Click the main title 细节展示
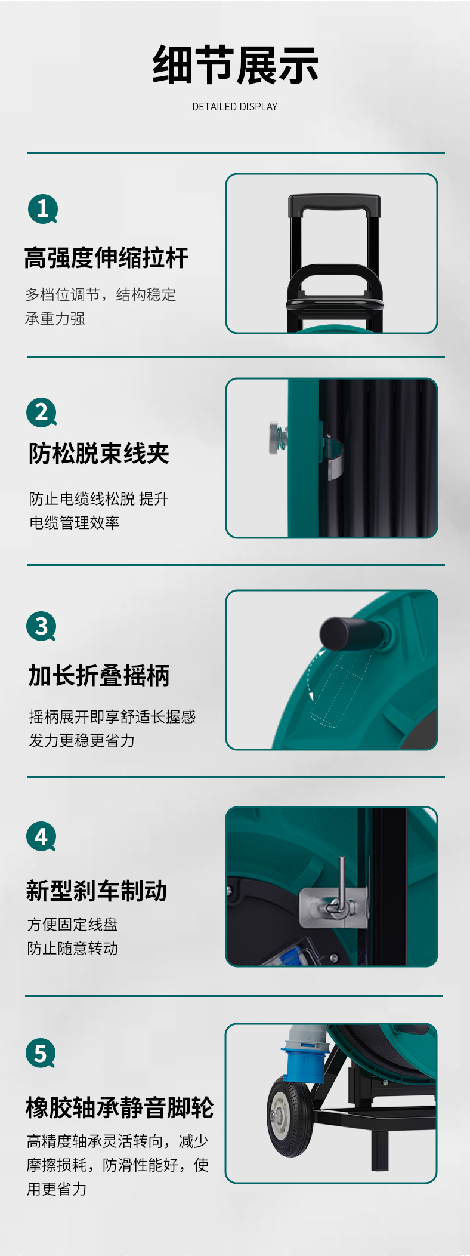tap(235, 65)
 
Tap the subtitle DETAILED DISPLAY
tap(235, 107)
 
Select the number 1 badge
tap(43, 209)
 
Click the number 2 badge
tap(42, 412)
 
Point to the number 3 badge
tap(41, 626)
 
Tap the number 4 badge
tap(41, 837)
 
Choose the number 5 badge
tap(41, 1054)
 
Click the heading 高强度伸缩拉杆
tap(106, 258)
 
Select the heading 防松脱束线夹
tap(99, 454)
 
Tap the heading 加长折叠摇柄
tap(99, 676)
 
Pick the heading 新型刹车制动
tap(97, 891)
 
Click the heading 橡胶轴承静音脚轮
tap(119, 1107)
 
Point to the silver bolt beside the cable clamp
tap(278, 438)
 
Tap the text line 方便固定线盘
tap(73, 925)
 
